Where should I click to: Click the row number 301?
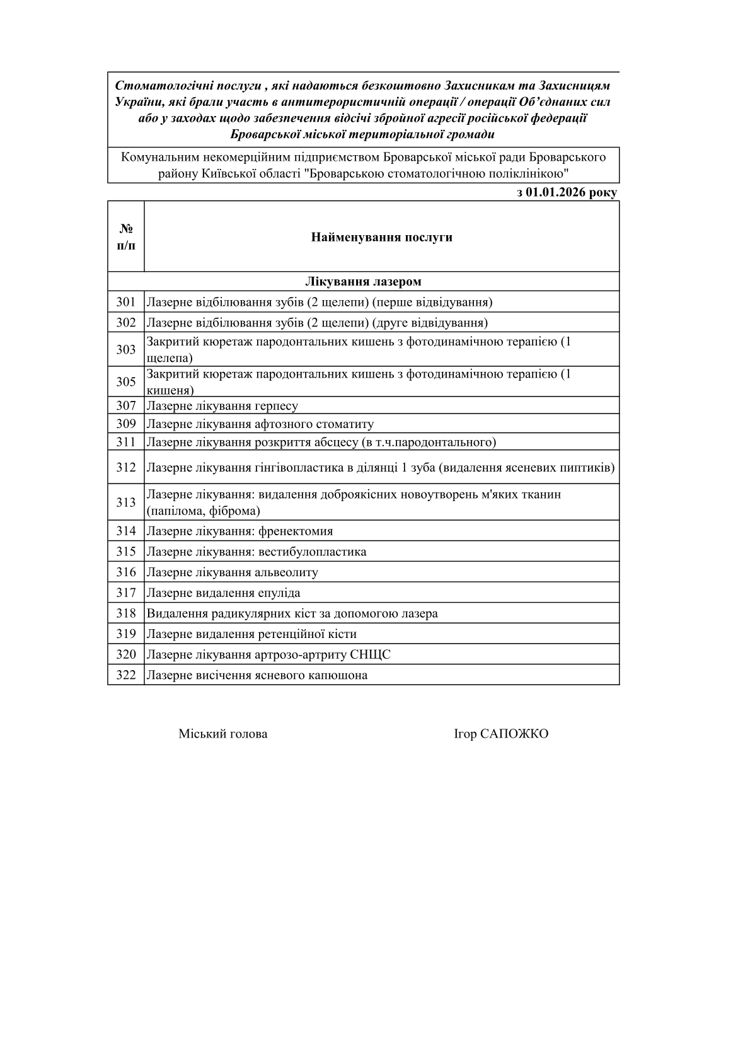[125, 302]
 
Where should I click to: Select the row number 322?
[125, 675]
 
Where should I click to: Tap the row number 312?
[125, 468]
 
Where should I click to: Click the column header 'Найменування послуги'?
[381, 238]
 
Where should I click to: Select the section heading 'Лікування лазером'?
[364, 282]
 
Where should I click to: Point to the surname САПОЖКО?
[514, 734]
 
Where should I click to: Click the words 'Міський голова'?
[222, 734]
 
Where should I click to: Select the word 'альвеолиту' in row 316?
[286, 572]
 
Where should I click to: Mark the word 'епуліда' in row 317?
[279, 593]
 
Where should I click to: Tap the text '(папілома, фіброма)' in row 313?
[203, 511]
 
